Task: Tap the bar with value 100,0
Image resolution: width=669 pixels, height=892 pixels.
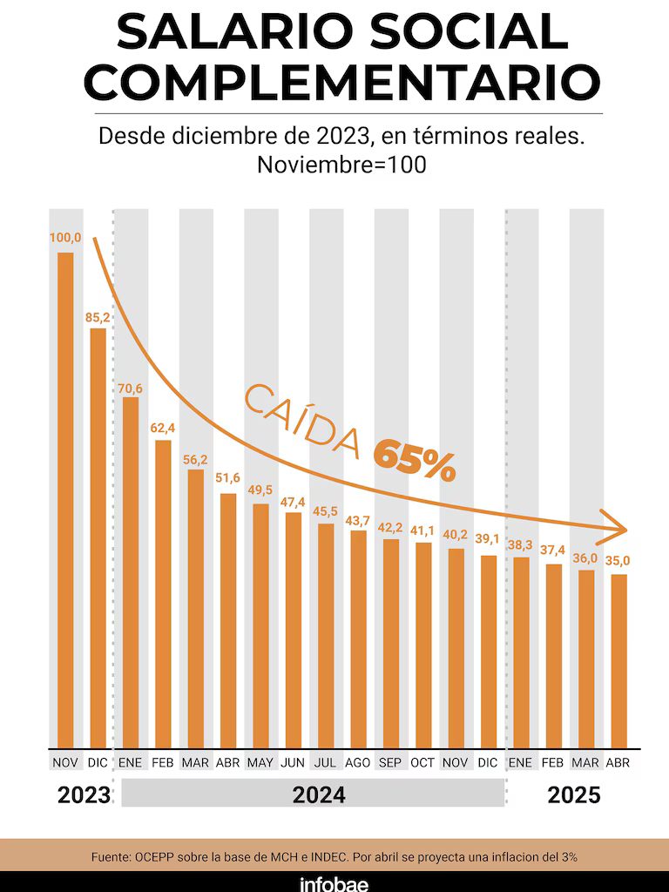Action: tap(65, 497)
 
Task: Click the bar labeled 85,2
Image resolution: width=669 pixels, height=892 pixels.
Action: tap(98, 536)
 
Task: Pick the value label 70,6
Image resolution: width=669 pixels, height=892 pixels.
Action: tap(131, 388)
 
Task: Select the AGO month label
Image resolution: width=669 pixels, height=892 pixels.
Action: tap(358, 762)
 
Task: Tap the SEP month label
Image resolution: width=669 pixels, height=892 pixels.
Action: tap(390, 762)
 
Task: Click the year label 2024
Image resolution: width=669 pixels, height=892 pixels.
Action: tap(318, 794)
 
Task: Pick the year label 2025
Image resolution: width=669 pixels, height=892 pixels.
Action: tap(573, 794)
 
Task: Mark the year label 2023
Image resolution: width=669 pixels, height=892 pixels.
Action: tap(84, 794)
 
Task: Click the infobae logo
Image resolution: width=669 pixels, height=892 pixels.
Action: tap(334, 882)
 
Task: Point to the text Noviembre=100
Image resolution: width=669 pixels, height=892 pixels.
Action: tap(341, 165)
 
